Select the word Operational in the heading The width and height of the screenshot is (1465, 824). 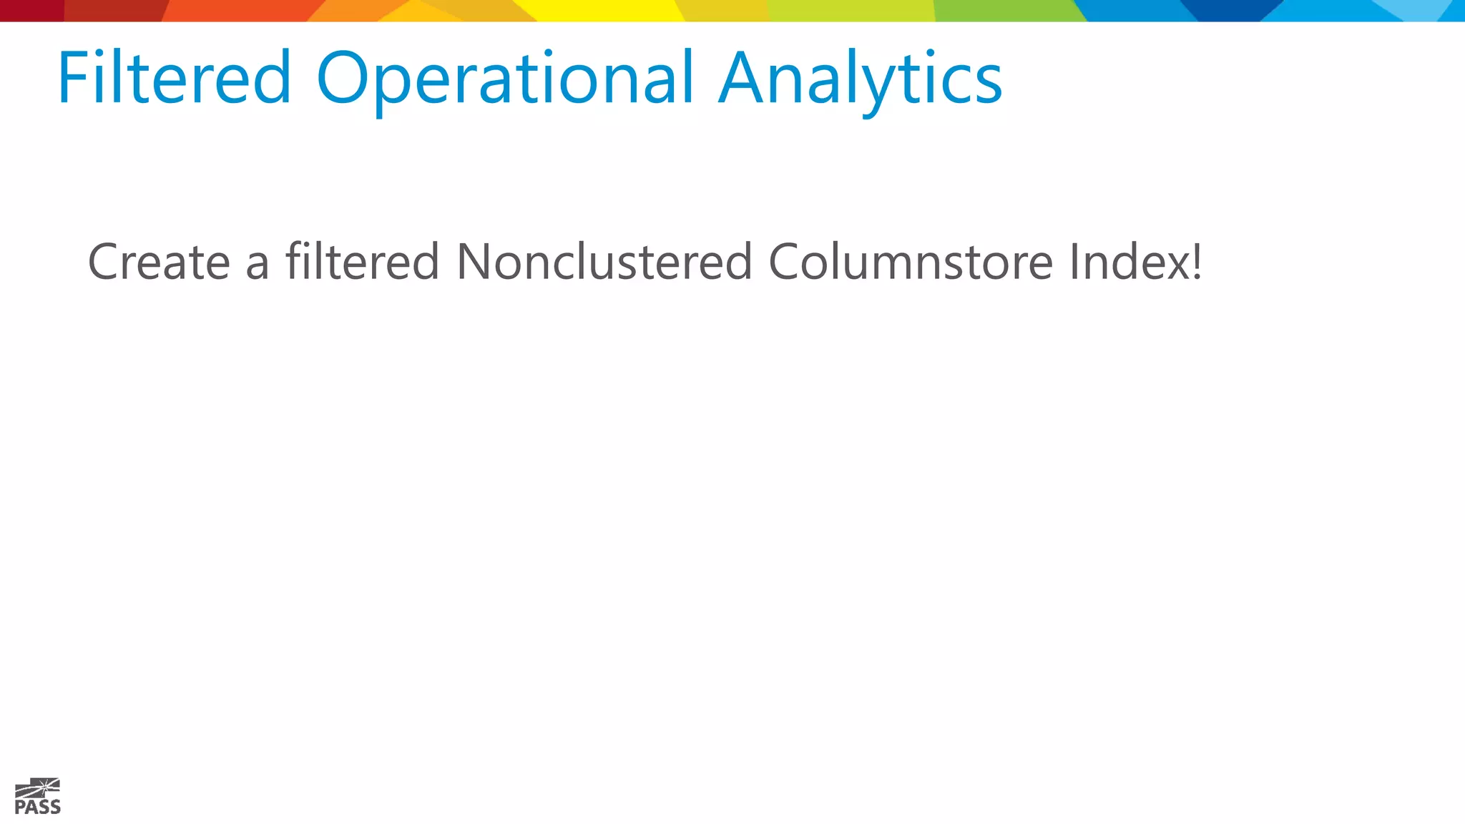(x=505, y=79)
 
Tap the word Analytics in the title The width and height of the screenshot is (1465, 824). (x=860, y=79)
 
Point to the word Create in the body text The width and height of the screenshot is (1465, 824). (x=159, y=262)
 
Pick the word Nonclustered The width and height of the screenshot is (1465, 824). (x=604, y=261)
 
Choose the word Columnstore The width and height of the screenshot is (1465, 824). (x=910, y=261)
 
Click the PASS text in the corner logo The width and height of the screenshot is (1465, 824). (x=37, y=808)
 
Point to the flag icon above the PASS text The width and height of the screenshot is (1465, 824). (x=39, y=788)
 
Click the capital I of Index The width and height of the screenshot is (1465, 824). (x=1074, y=261)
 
